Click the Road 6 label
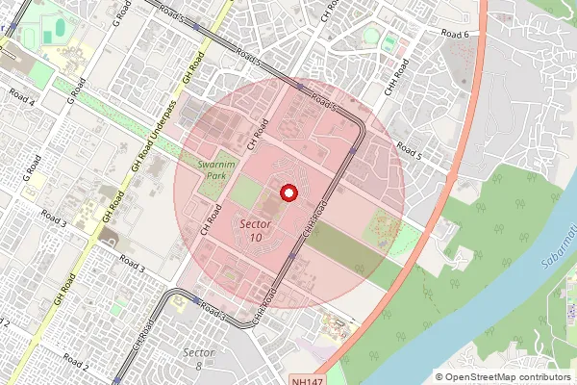(454, 34)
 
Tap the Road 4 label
(21, 96)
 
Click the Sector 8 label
(198, 358)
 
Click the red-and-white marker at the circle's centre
(287, 193)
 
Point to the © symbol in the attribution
(440, 376)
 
